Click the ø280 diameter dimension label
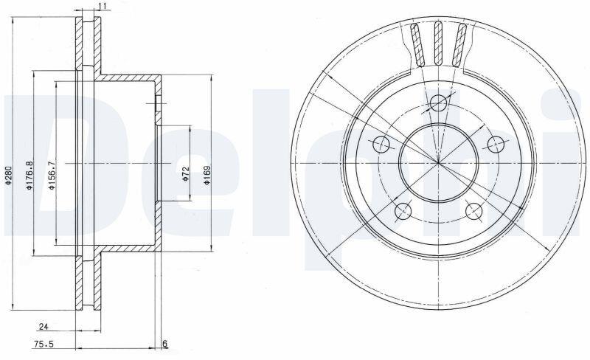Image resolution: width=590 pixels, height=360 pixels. tap(10, 176)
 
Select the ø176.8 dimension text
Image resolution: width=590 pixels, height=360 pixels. tap(29, 175)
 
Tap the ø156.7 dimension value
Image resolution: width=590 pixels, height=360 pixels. tap(52, 175)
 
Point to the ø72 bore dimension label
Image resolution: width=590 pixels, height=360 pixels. tap(185, 174)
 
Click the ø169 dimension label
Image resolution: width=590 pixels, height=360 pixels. tap(207, 175)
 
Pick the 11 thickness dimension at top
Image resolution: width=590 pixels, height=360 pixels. tap(103, 6)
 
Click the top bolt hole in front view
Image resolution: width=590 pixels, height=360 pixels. tap(438, 103)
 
